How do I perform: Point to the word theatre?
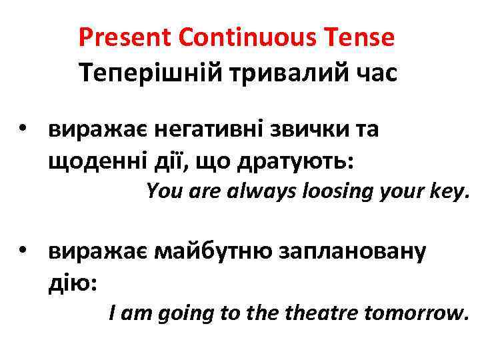[x=315, y=311]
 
